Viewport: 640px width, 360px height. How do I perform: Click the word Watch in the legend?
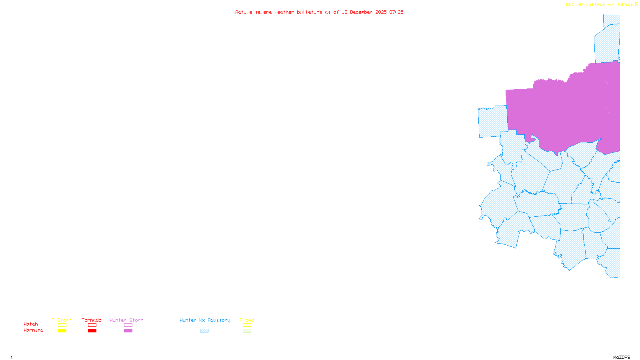coord(31,324)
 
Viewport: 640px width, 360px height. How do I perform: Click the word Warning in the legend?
coord(34,330)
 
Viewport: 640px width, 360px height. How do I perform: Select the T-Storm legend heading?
coord(62,320)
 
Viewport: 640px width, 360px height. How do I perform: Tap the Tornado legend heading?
coord(92,320)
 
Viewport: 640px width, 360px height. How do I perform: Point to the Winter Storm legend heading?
coord(126,320)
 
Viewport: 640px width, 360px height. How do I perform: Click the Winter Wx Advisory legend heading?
coord(205,320)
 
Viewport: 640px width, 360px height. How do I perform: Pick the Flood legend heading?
coord(247,320)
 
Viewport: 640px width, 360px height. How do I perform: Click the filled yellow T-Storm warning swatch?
coord(62,331)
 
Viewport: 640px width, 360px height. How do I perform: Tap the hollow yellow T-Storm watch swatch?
coord(62,325)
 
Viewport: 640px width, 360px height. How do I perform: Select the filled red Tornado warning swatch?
coord(92,331)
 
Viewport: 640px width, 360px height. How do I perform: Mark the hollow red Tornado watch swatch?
coord(92,325)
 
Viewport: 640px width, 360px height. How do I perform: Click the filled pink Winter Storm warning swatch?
coord(128,331)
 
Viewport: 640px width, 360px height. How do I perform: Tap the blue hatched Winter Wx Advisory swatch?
coord(204,331)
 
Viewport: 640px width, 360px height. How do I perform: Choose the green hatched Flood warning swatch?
coord(247,331)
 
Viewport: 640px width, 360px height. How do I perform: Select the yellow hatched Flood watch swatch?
coord(247,325)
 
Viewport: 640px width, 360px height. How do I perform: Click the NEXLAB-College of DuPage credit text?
coord(600,5)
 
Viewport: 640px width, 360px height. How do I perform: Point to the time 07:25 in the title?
coord(396,12)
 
